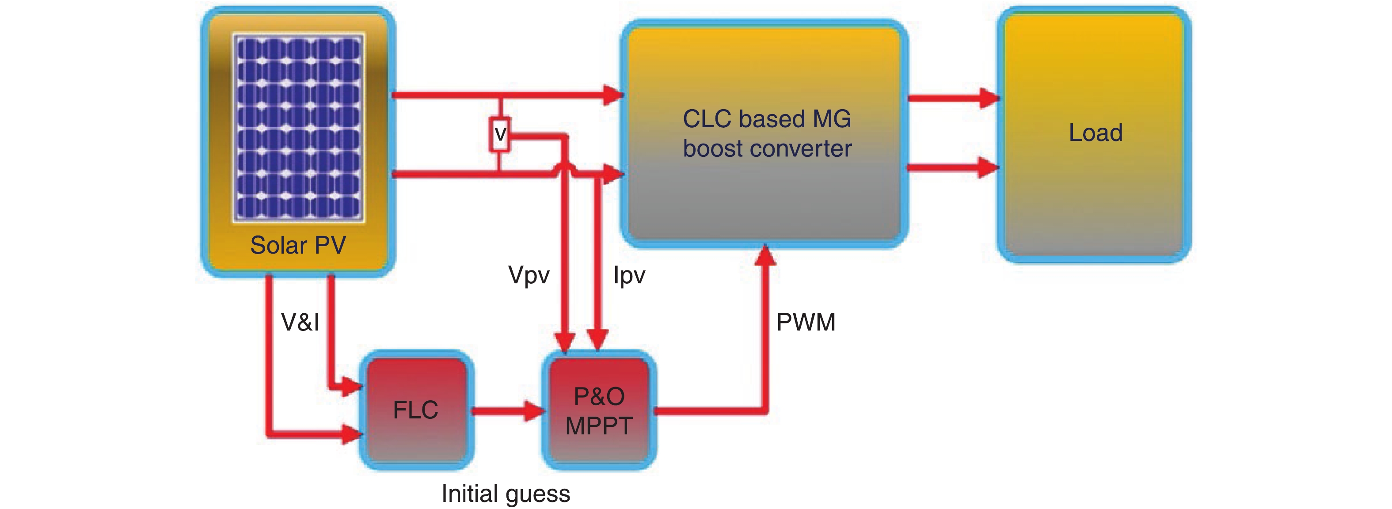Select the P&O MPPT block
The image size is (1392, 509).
(599, 410)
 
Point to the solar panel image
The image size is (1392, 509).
(298, 128)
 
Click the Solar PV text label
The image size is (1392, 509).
(298, 245)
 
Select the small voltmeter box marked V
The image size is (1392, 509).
(500, 133)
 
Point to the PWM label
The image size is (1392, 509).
(806, 322)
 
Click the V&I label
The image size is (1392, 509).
(300, 322)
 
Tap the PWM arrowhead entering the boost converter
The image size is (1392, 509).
(765, 255)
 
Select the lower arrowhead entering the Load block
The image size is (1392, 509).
(989, 167)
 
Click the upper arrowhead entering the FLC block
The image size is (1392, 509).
(351, 387)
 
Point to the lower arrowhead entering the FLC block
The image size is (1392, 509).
(351, 433)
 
